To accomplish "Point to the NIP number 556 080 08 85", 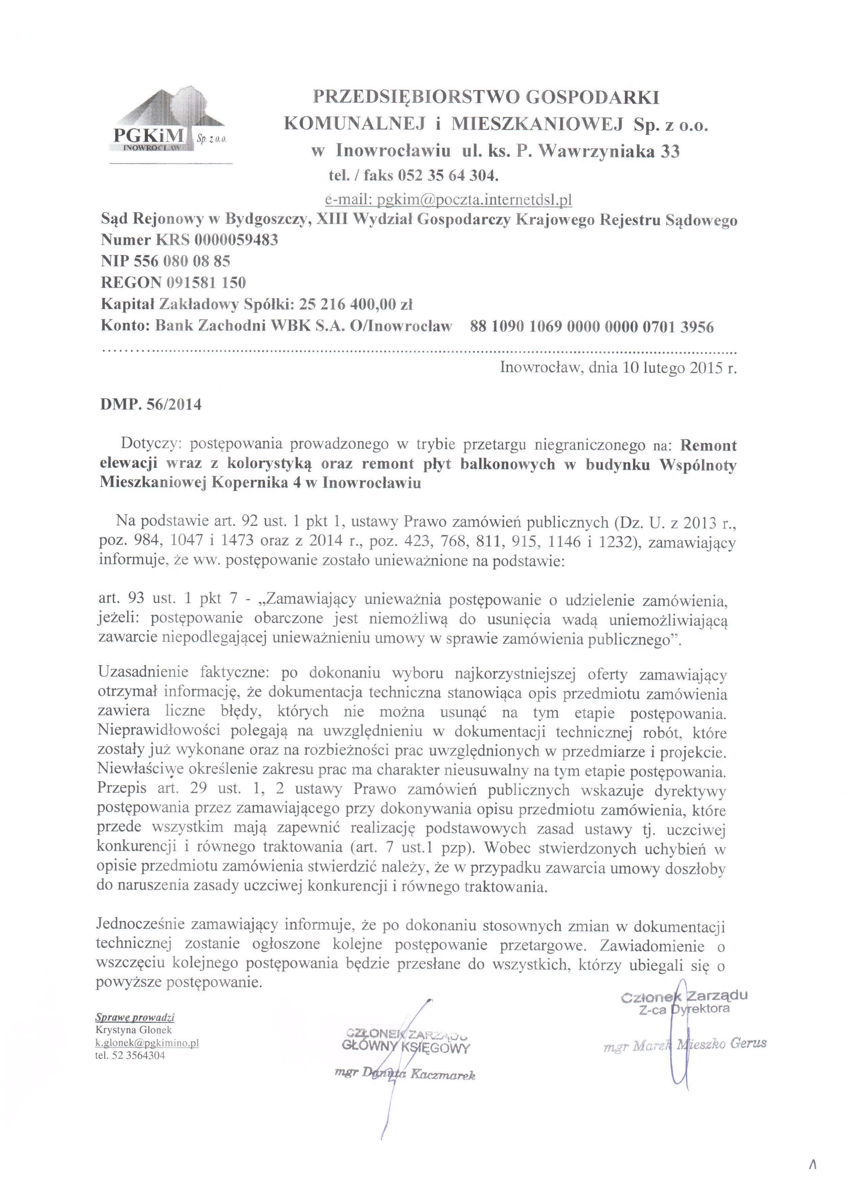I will click(x=182, y=261).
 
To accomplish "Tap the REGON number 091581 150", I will click(x=206, y=283).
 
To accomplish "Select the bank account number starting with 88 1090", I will click(x=592, y=327).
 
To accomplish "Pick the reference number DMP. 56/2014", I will click(x=151, y=404).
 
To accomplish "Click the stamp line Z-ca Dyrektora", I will click(x=684, y=1009).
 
